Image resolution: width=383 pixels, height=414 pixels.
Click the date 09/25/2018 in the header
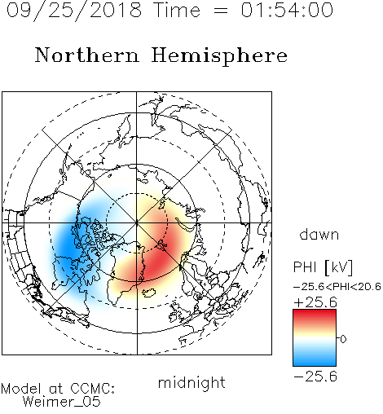[x=74, y=10]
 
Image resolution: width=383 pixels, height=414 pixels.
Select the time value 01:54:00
[x=287, y=10]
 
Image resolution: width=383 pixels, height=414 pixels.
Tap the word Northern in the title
[x=87, y=55]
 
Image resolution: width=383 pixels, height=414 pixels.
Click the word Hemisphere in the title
[x=219, y=56]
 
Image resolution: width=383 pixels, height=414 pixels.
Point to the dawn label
[x=319, y=234]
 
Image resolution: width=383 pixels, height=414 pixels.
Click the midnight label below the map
[x=191, y=382]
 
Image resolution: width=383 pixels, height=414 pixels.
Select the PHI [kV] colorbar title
[x=323, y=267]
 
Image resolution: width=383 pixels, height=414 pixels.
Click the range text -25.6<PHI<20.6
[x=337, y=287]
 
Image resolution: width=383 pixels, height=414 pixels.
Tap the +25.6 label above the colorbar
[x=315, y=302]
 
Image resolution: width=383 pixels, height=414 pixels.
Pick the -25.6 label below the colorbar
[x=315, y=377]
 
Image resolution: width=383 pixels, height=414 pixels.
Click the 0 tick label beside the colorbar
[x=343, y=339]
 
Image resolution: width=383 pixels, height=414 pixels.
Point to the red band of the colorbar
[x=315, y=315]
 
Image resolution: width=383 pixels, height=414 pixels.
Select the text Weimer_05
[x=62, y=402]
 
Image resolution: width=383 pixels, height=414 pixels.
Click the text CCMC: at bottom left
[x=92, y=389]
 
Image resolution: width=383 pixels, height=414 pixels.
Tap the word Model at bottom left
[x=21, y=389]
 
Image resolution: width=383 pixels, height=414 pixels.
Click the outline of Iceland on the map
[x=148, y=293]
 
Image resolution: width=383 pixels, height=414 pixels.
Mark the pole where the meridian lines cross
[x=137, y=222]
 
